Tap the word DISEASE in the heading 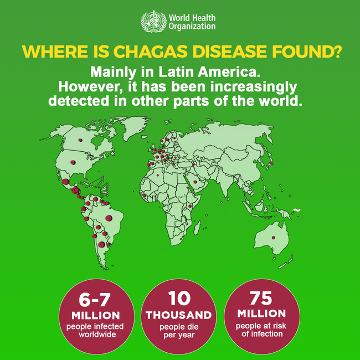pos(228,52)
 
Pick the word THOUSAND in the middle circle pos(179,315)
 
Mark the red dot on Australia pos(273,238)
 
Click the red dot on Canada pos(82,140)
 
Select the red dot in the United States pos(73,162)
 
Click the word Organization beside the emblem pos(192,26)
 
